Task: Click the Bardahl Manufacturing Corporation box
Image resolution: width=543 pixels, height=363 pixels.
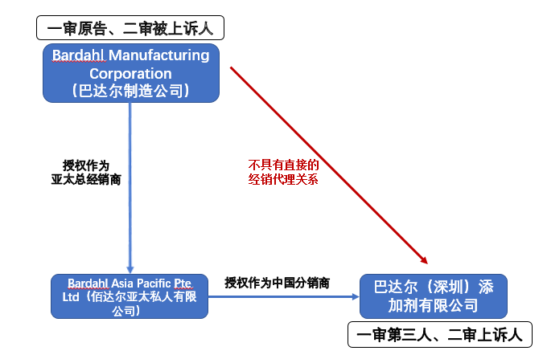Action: tap(130, 73)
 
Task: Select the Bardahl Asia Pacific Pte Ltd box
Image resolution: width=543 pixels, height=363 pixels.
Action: tap(129, 296)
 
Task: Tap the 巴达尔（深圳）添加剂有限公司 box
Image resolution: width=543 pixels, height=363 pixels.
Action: tap(433, 296)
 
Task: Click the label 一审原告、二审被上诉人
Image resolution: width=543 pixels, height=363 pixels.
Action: tap(130, 29)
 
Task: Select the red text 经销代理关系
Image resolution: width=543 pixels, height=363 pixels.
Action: tap(283, 179)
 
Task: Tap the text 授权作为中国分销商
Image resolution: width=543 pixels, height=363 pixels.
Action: tap(278, 283)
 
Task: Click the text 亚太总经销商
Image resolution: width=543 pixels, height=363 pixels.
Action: tap(86, 180)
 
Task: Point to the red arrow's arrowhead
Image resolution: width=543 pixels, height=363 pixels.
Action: tap(422, 259)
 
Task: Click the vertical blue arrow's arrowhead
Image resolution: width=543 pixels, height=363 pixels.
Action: tap(130, 270)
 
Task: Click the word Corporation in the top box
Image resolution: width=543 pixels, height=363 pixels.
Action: tap(130, 73)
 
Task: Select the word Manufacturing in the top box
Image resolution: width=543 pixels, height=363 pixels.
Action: tap(158, 55)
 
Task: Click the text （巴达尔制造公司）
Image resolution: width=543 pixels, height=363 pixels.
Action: tap(130, 91)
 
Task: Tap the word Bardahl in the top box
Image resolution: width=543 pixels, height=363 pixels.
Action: tap(78, 55)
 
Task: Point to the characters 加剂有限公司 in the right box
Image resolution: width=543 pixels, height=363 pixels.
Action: tap(433, 305)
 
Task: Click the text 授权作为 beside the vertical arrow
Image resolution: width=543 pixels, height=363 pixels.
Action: tap(86, 165)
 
